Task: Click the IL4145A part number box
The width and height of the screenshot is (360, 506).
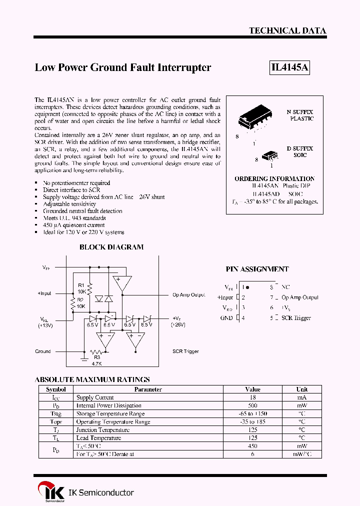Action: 289,67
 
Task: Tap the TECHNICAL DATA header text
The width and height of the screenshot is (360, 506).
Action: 287,30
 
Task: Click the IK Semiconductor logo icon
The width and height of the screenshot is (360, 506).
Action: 51,491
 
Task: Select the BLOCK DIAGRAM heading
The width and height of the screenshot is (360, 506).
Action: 111,247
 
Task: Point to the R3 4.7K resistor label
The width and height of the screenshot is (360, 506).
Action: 96,361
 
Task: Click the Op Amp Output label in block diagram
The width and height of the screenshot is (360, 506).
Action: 188,295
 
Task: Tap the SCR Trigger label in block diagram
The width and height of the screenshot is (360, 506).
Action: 185,351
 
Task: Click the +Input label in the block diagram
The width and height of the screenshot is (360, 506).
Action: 44,293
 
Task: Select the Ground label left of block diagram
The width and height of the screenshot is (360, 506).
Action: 43,351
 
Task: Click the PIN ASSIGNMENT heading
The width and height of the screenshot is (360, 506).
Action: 257,269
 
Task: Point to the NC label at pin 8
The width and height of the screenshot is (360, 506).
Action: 285,287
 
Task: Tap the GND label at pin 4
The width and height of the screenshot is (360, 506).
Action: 226,318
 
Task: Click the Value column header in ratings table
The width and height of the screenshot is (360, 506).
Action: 252,389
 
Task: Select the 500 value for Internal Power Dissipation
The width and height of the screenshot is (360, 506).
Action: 252,405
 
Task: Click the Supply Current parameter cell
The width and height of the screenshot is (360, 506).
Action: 95,397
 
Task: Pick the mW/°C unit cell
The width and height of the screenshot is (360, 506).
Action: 301,454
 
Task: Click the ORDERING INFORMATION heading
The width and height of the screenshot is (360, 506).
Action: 274,178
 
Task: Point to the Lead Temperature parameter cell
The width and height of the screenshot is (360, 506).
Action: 98,438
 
